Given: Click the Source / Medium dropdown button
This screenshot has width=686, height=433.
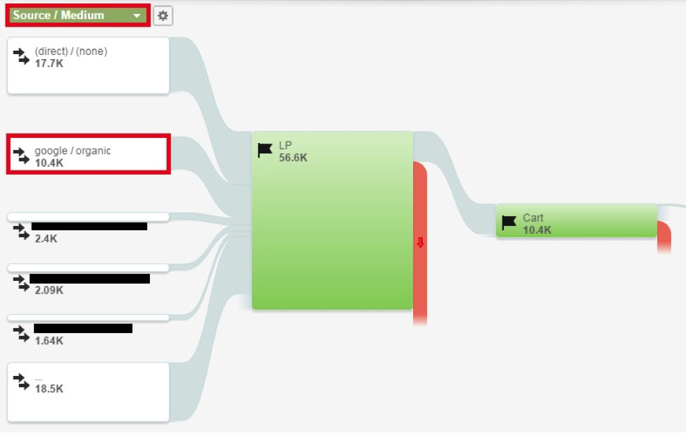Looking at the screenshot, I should (77, 15).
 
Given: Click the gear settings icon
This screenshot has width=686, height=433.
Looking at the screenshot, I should (163, 15).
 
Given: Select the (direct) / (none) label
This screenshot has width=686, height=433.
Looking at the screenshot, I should (71, 51).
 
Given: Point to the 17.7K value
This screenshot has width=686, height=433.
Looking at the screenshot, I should (48, 63).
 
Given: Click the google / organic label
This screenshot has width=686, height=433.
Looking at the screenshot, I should (72, 151).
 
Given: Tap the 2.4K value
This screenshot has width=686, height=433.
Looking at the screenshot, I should (46, 239).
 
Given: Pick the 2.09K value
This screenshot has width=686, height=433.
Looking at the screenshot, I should (49, 290).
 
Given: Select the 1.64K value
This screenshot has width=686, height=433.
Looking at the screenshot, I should (49, 341).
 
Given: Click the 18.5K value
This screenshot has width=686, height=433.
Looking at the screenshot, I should (49, 388).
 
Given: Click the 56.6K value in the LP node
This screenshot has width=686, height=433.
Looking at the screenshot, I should (293, 158).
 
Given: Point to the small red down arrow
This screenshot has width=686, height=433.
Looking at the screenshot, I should (420, 243).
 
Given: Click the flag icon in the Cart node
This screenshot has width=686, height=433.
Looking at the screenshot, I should (509, 223).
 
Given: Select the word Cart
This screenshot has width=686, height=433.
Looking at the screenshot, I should (533, 218).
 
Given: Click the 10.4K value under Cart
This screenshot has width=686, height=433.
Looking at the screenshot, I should (538, 230).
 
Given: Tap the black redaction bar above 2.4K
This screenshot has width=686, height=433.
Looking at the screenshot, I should (89, 227).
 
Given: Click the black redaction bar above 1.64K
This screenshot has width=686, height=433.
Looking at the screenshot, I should (83, 328).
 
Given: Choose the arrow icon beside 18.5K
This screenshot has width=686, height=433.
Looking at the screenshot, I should (22, 382).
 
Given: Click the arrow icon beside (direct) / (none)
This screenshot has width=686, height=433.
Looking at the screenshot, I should (22, 56).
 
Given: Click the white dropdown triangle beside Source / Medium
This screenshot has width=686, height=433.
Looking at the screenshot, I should (136, 16).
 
